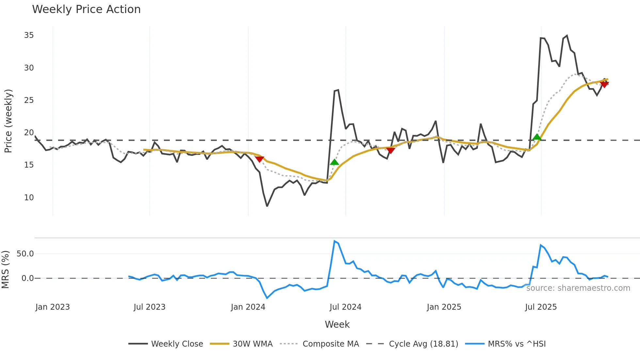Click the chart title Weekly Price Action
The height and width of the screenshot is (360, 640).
tap(86, 9)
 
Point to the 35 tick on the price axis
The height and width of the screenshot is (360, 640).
tap(29, 35)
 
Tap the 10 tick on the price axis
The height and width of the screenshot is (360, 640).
tap(29, 198)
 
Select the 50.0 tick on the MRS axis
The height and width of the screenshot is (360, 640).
tap(25, 254)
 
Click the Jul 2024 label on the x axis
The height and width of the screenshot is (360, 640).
tap(345, 307)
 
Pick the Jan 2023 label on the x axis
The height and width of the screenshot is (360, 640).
tap(53, 307)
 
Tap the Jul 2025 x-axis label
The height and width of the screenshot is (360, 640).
tap(541, 307)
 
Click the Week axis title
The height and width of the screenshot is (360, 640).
tap(337, 324)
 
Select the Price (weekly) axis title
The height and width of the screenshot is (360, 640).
tap(8, 121)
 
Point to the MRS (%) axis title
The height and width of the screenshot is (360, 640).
tap(5, 270)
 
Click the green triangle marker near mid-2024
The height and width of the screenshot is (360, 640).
tap(334, 162)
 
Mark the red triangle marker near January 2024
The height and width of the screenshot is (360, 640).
tap(260, 159)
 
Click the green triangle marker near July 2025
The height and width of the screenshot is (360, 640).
tap(537, 137)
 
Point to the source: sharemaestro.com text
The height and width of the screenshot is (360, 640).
tap(578, 288)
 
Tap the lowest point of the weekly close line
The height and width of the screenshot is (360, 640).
tap(267, 206)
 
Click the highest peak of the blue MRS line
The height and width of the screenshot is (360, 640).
tap(334, 241)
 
